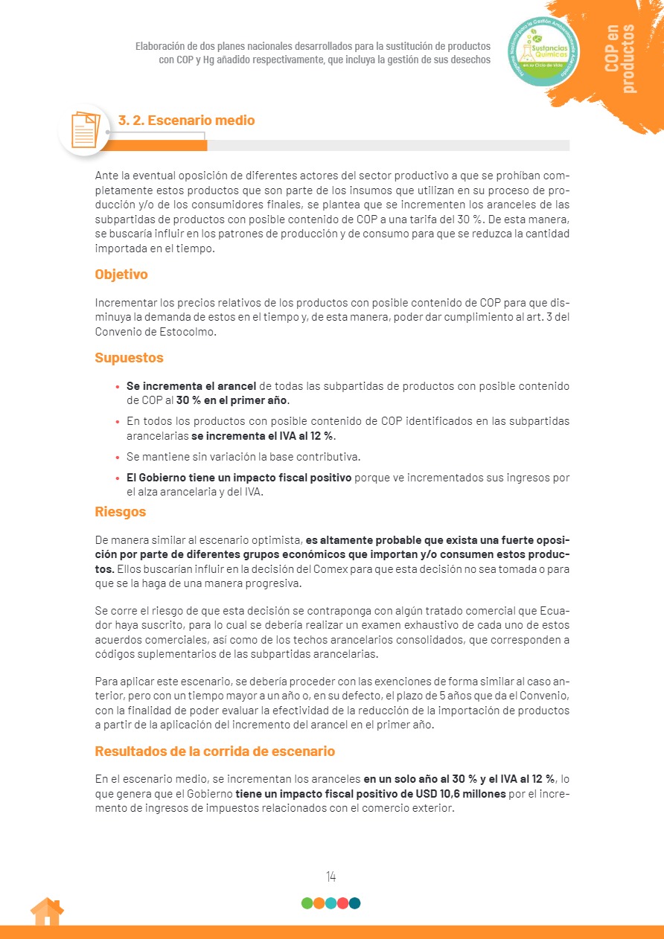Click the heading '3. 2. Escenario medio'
coord(186,121)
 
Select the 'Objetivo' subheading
coord(121,275)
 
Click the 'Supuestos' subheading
coord(129,358)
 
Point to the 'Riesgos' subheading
coord(120,512)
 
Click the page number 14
coord(331,876)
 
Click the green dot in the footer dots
coord(307,903)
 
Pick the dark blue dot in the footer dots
coord(355,903)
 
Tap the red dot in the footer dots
coord(342,903)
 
